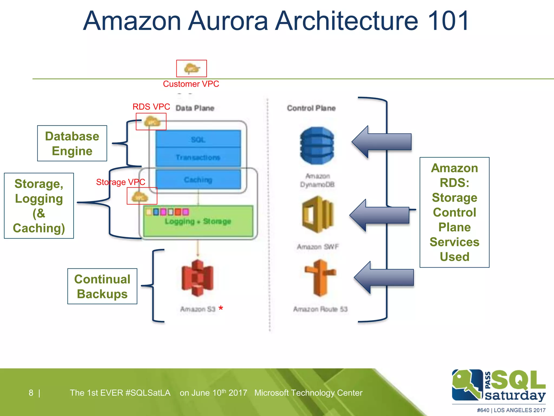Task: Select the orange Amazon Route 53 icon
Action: click(x=320, y=278)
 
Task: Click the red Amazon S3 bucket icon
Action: click(x=197, y=278)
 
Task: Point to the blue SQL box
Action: click(x=198, y=139)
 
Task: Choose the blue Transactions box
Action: click(x=198, y=157)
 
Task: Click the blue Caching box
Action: click(x=198, y=180)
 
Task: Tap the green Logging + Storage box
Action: click(x=198, y=221)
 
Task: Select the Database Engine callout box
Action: click(x=72, y=143)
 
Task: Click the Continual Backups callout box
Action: click(x=102, y=286)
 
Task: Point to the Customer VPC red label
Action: click(x=191, y=84)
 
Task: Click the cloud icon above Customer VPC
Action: click(x=192, y=69)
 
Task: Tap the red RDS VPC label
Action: click(x=151, y=107)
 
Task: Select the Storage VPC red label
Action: click(x=121, y=182)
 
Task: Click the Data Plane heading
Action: click(x=195, y=108)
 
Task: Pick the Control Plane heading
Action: click(x=311, y=108)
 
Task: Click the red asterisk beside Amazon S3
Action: click(x=221, y=308)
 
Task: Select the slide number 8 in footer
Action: click(x=31, y=393)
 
